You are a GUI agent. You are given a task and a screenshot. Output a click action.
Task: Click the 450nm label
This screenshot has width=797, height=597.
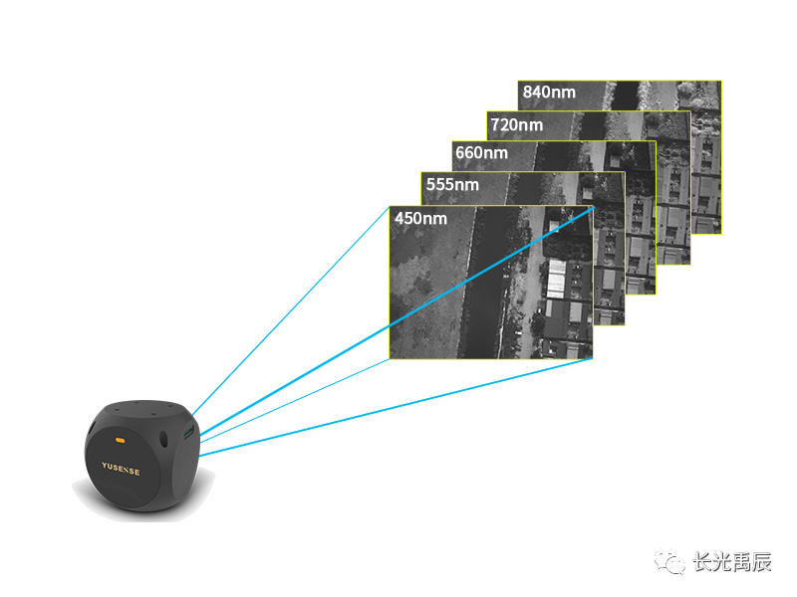[421, 219]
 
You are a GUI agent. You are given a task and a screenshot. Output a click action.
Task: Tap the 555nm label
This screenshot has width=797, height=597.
[452, 185]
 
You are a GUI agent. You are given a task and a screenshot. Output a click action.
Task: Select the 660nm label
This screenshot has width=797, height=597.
[481, 153]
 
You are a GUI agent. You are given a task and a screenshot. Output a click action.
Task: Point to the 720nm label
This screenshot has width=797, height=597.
[516, 124]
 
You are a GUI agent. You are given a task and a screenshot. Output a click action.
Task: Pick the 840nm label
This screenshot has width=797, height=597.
[549, 93]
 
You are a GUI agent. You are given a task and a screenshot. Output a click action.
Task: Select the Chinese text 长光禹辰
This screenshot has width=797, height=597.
[731, 562]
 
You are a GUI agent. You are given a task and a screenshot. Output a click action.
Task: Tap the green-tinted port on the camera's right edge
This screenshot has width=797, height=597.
[189, 433]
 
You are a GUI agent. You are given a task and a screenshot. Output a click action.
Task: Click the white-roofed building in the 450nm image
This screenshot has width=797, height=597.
[554, 281]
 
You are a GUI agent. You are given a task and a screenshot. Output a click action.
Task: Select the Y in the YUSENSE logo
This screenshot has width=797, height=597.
[104, 466]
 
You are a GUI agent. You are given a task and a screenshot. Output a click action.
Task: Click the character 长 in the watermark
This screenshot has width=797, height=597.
[702, 562]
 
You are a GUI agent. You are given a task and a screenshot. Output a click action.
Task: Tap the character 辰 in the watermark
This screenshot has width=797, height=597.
[760, 562]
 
